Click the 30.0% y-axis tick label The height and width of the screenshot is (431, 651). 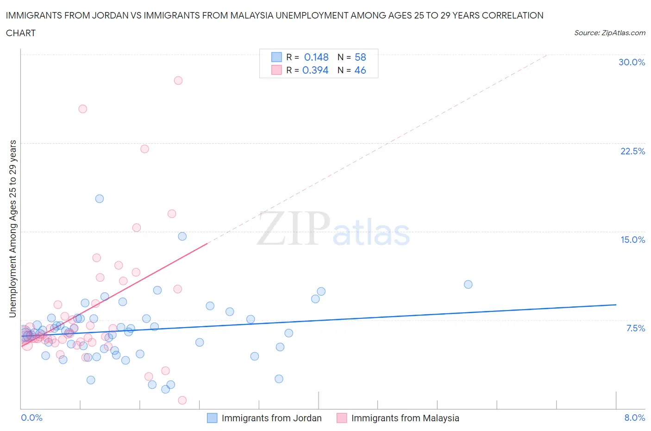pos(632,62)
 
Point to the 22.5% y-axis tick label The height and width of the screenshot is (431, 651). pos(632,151)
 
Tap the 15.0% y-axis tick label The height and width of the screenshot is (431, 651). pos(632,240)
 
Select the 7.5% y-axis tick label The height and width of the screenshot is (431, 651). pos(635,328)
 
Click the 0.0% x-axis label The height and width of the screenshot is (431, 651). pos(31,418)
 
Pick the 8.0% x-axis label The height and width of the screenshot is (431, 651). pos(634,418)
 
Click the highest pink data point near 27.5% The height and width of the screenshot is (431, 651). pos(178,80)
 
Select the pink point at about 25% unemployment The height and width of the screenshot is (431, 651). pos(83,109)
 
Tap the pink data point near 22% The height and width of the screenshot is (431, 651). pos(144,149)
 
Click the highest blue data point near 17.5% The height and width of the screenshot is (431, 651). pos(100,198)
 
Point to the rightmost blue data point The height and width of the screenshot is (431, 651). pos(468,284)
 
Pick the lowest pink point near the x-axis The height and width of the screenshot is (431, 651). pos(182,400)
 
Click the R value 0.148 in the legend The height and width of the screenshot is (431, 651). pos(316,57)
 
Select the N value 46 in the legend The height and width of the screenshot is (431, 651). pos(360,70)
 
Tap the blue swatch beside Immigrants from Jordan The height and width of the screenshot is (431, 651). pos(212,418)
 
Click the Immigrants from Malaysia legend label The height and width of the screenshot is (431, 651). pos(405,418)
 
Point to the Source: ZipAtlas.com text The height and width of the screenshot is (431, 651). pos(609,32)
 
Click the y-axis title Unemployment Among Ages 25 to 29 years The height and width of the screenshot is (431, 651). pos(13,228)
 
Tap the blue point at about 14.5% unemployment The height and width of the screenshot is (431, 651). pos(182,236)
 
